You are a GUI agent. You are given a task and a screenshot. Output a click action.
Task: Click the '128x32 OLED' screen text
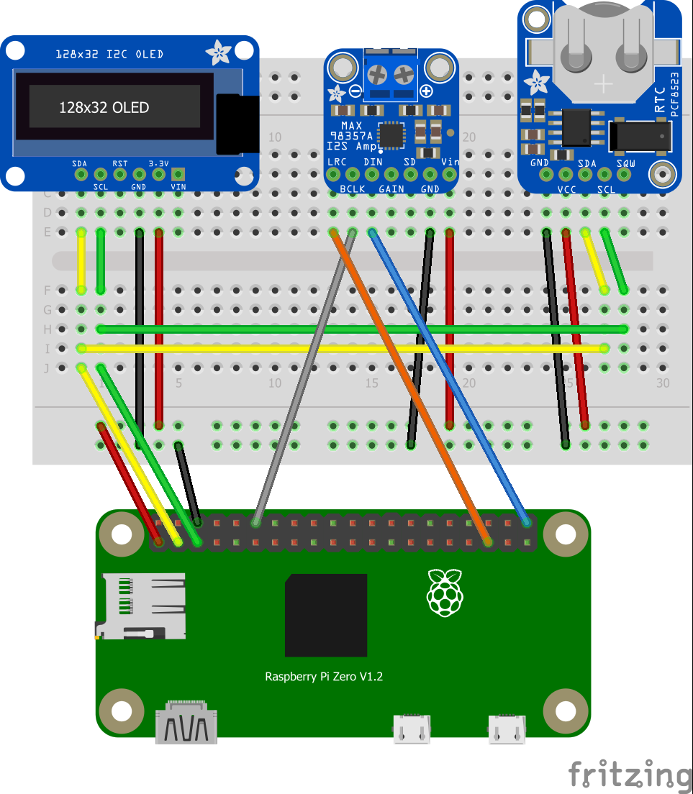pyautogui.click(x=104, y=108)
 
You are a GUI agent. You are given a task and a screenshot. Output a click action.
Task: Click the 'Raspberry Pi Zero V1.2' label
pyautogui.click(x=324, y=677)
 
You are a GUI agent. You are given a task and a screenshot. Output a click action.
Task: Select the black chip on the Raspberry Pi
pyautogui.click(x=326, y=615)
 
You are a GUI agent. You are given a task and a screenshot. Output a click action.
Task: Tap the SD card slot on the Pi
pyautogui.click(x=142, y=606)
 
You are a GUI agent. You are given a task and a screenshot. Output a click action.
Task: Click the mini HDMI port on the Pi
pyautogui.click(x=186, y=724)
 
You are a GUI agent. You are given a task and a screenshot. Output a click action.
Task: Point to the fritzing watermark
pyautogui.click(x=630, y=775)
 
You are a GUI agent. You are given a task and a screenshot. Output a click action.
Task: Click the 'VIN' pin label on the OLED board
pyautogui.click(x=178, y=187)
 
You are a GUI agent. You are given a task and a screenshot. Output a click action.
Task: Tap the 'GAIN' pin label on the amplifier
pyautogui.click(x=391, y=188)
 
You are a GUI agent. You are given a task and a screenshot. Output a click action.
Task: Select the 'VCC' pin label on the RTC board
pyautogui.click(x=567, y=191)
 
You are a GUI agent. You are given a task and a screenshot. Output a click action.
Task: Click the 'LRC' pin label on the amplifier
pyautogui.click(x=336, y=162)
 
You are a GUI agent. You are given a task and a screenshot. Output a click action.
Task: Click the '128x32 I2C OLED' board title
pyautogui.click(x=109, y=54)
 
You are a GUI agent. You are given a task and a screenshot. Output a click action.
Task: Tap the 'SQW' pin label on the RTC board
pyautogui.click(x=625, y=164)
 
